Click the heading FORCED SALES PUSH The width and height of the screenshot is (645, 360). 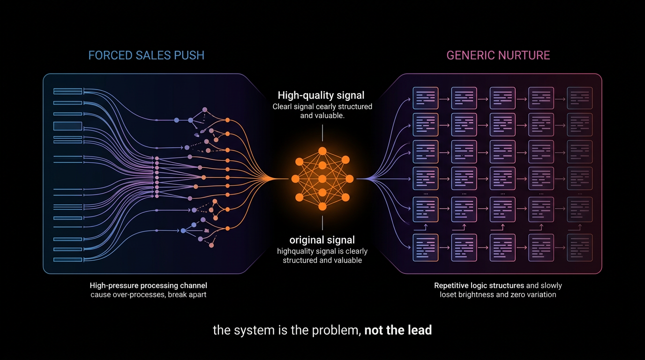point(146,55)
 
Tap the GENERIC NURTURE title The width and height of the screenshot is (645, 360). point(498,55)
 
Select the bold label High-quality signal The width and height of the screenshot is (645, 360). point(321,95)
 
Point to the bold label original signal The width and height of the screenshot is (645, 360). point(322,240)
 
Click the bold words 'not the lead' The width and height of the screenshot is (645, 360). point(398,330)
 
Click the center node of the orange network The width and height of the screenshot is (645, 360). point(322,179)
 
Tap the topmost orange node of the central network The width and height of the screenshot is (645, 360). point(322,151)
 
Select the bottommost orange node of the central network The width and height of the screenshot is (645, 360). point(322,207)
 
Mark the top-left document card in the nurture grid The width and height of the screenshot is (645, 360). point(426,98)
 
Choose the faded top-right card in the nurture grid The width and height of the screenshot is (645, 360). point(580,98)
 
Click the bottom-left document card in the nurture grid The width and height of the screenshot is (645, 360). point(426,247)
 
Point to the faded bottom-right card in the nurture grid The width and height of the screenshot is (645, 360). point(580,247)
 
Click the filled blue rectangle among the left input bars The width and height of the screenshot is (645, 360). point(67,126)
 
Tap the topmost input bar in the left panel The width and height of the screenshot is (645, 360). point(67,91)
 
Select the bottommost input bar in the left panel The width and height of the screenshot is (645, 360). point(67,260)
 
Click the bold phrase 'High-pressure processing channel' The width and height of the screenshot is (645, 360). point(148,285)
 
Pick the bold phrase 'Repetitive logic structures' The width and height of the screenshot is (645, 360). point(479,285)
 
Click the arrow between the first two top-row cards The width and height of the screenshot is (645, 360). point(444,99)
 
